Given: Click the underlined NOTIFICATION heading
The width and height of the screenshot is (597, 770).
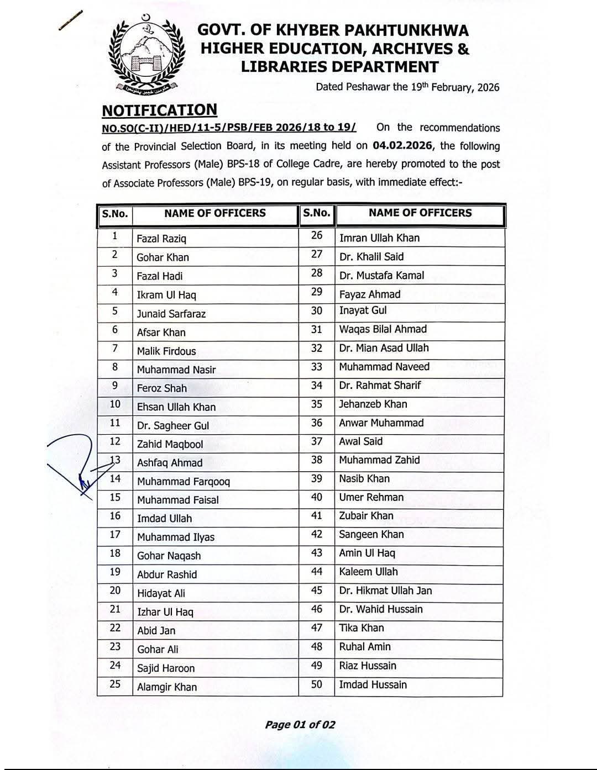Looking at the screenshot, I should (x=159, y=110).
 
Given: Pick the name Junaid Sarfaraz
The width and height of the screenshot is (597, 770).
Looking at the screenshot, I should (x=171, y=314).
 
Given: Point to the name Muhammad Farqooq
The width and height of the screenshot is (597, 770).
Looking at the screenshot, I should (x=184, y=482).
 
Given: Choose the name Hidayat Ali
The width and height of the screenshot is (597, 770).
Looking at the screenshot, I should (x=161, y=594).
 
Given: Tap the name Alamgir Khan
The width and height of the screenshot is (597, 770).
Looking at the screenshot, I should (x=167, y=687).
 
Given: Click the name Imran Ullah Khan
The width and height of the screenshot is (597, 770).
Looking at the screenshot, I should (x=379, y=238).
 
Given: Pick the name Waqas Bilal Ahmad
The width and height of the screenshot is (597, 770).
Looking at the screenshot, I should (x=383, y=329).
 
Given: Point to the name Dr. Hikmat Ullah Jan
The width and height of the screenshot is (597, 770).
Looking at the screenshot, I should (x=386, y=590).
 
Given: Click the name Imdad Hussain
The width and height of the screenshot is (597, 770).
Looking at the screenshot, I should (x=373, y=685).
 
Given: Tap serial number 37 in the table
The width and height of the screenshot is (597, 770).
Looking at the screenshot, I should (x=316, y=441).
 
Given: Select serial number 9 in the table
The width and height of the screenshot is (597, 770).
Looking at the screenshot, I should (x=114, y=387).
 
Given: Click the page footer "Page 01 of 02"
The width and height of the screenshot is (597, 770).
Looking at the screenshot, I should (x=300, y=725).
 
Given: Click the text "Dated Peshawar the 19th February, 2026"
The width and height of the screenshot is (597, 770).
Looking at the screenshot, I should (x=407, y=87).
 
